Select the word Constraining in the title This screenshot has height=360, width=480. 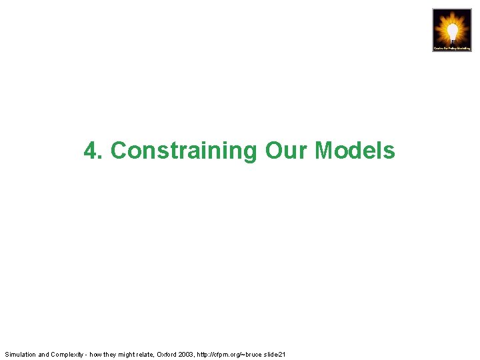(183, 151)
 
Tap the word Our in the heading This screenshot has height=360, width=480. (287, 151)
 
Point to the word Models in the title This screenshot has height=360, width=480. (355, 151)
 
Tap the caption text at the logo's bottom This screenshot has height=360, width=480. (452, 48)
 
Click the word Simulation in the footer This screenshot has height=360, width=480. (20, 354)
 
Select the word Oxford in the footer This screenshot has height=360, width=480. (167, 354)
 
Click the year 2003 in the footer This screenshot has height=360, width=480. (187, 354)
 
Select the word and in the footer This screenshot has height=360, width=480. (43, 354)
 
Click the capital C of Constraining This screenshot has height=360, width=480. (118, 151)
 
